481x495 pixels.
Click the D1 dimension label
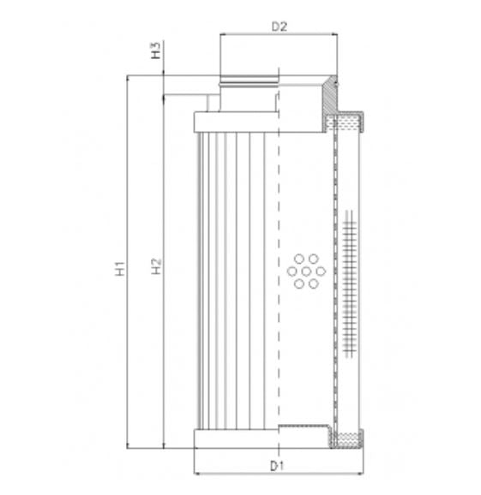pos(276,466)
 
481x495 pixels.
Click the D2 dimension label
pos(279,27)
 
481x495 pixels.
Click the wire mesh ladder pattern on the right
pos(348,283)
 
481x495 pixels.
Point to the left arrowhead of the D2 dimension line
pos(224,33)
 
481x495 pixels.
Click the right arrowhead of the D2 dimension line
pos(334,33)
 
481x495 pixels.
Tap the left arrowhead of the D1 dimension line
pos(197,473)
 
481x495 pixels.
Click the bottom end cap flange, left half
pos(236,439)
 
